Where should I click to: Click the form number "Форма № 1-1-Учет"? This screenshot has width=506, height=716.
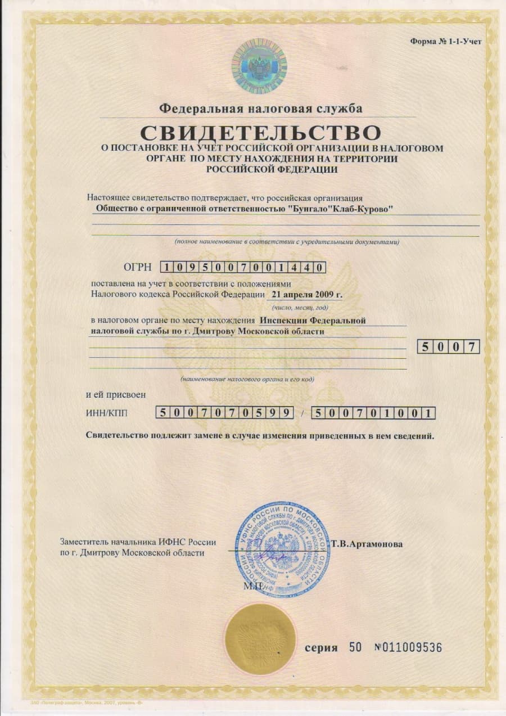point(446,41)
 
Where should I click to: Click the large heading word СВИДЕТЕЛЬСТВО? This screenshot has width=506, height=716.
point(260,133)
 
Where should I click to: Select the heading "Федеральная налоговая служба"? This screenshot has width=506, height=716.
point(260,107)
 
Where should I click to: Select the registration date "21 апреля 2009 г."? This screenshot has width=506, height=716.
point(306,294)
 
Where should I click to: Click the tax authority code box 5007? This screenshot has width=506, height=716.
point(448,346)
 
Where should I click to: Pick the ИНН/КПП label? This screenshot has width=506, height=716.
point(107,413)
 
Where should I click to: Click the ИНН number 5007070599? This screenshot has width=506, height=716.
point(224,413)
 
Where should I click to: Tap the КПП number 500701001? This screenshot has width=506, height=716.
point(373,413)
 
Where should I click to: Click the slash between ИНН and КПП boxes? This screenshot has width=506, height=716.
point(302,414)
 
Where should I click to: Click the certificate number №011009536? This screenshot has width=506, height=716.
point(408,647)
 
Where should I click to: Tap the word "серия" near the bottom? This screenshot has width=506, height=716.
point(321,648)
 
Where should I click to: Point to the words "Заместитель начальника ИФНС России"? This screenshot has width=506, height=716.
point(138,542)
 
